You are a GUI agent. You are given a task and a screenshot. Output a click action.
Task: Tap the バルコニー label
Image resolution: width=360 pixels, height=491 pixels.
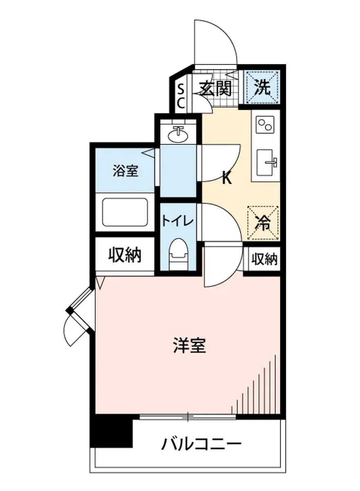(x=201, y=444)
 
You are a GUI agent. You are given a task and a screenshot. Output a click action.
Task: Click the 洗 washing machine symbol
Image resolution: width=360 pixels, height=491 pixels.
(x=262, y=88)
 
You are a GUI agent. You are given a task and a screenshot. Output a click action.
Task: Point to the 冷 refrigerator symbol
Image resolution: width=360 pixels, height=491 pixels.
(x=263, y=223)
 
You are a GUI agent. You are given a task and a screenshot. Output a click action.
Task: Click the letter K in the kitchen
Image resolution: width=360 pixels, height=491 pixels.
(x=227, y=178)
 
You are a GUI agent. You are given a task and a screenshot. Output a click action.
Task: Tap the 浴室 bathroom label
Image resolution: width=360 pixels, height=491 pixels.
(x=126, y=171)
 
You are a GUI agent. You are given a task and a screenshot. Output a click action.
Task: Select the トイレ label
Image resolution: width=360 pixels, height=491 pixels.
(x=177, y=221)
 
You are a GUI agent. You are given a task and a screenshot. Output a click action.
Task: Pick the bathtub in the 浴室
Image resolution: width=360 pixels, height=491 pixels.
(x=125, y=212)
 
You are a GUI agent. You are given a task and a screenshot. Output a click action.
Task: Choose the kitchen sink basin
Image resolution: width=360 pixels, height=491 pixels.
(x=266, y=162)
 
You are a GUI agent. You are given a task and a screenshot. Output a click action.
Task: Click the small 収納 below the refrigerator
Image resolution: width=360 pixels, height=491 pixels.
(x=264, y=259)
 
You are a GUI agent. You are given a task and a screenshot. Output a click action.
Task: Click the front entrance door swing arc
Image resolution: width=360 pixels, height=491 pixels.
(x=217, y=41)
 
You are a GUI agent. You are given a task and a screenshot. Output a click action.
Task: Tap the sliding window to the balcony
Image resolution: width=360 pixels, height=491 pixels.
(x=188, y=417)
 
